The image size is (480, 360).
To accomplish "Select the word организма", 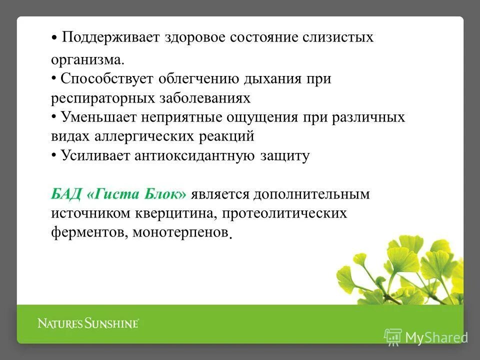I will coord(86,60).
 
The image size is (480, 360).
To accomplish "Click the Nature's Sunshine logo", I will coord(88,323).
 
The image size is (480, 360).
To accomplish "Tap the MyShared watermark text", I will coord(436,337).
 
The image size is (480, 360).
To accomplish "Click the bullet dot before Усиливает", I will coord(54,155).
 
